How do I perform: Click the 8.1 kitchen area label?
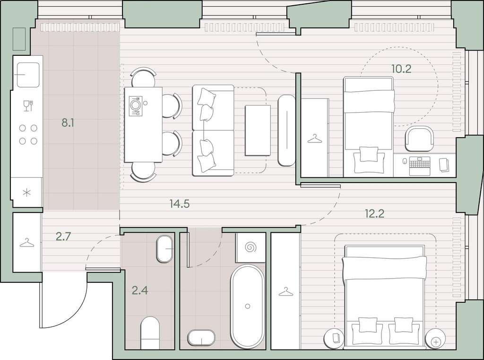tap(68, 123)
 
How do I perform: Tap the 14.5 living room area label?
tap(179, 203)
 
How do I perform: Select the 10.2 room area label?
tap(401, 69)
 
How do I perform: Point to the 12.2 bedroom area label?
tap(374, 213)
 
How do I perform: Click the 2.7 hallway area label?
tap(64, 237)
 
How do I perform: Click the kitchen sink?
tap(28, 75)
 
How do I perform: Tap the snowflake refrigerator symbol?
tap(27, 193)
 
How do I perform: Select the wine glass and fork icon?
tap(28, 105)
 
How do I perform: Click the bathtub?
tap(247, 306)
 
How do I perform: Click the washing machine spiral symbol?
tap(251, 247)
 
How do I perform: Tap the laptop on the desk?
tap(420, 166)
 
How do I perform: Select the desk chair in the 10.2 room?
tap(419, 140)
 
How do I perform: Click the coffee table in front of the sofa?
tap(258, 131)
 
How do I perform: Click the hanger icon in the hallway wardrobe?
tap(27, 243)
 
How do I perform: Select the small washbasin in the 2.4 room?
tap(165, 249)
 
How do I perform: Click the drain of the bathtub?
tap(248, 306)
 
